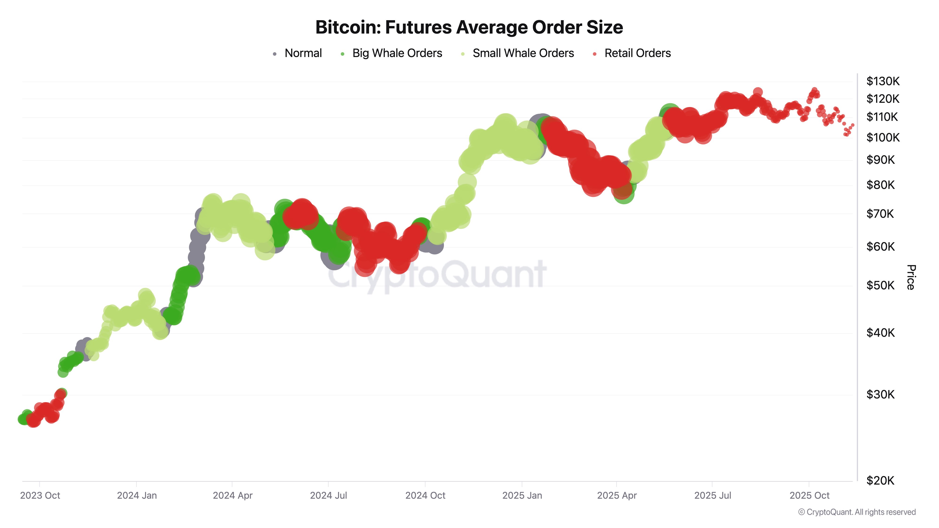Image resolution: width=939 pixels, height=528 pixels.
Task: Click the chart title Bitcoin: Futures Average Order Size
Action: point(469,27)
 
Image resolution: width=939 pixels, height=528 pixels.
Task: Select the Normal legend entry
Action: point(303,53)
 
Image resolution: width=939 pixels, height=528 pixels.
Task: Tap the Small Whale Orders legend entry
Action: point(523,53)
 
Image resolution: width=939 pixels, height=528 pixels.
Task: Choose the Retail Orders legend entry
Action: point(637,53)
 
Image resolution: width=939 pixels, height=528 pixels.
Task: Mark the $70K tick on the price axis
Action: point(880,214)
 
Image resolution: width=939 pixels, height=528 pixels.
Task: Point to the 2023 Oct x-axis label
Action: point(40,496)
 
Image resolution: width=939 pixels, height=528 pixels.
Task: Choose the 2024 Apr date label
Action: point(233,496)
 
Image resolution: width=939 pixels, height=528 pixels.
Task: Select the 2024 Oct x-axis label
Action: point(425,496)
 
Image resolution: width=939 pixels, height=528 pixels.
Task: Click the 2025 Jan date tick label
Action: point(522,496)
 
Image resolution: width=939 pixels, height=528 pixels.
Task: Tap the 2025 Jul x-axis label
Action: point(713,496)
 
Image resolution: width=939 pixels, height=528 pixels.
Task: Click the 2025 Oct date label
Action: point(809,496)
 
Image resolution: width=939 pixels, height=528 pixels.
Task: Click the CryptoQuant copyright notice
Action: point(857,512)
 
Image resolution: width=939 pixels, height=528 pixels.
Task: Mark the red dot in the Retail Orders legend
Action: point(595,54)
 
